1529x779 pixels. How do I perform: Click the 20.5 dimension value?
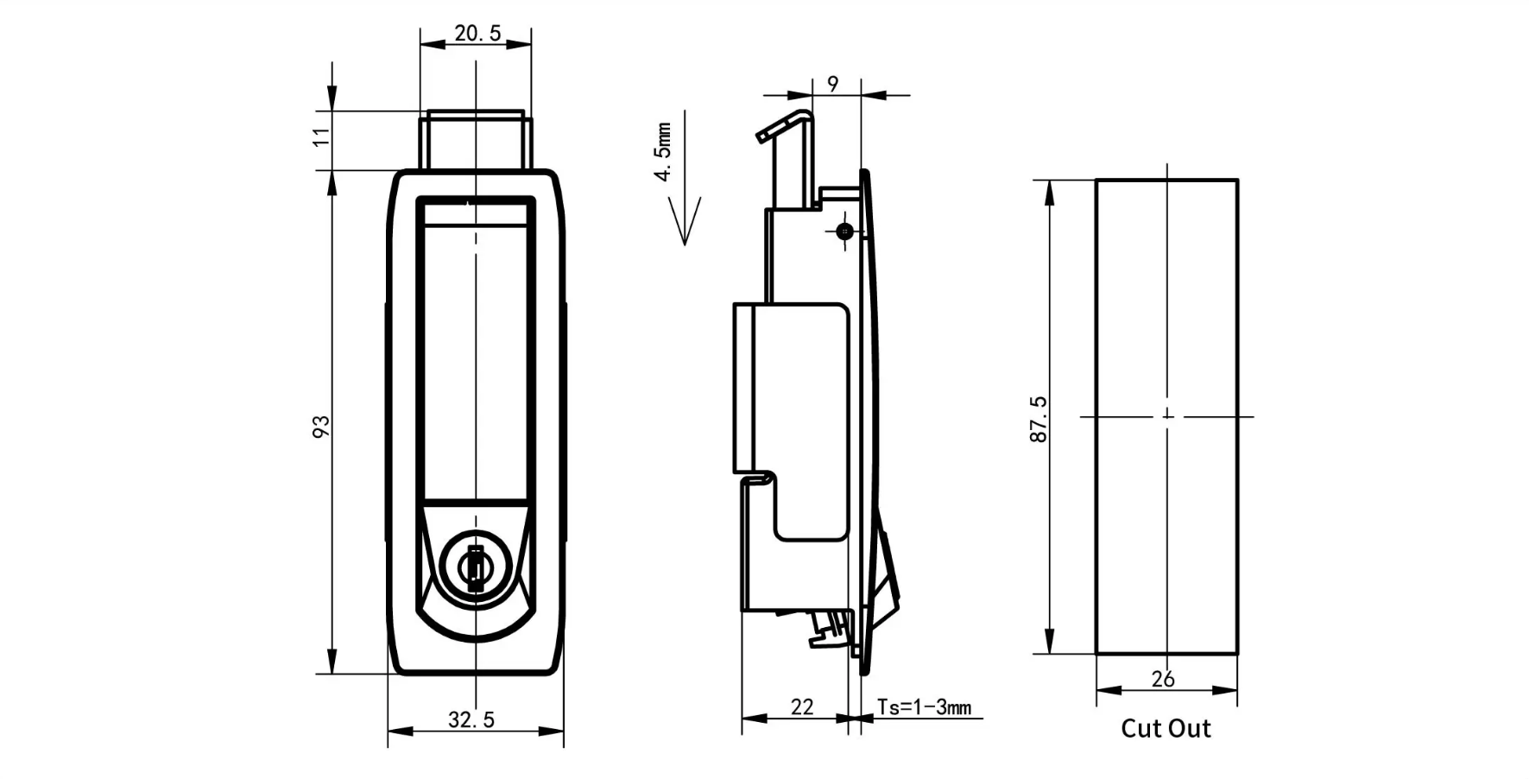477,33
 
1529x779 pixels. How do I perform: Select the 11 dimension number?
321,136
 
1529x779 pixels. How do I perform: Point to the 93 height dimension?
321,426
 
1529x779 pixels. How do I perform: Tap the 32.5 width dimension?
471,719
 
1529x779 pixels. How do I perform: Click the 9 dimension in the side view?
832,84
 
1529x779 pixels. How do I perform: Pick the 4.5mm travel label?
662,151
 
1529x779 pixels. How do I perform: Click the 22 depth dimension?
802,706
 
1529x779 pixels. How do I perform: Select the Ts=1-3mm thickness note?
924,706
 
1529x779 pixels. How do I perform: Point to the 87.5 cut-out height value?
1039,420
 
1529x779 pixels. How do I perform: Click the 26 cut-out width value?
1163,679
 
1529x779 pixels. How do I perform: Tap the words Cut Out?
1166,728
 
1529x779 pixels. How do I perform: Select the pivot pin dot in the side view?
844,231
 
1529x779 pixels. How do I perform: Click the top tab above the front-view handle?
475,140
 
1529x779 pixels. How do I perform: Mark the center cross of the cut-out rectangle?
1167,416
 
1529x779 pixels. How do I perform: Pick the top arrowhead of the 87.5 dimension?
1050,193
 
